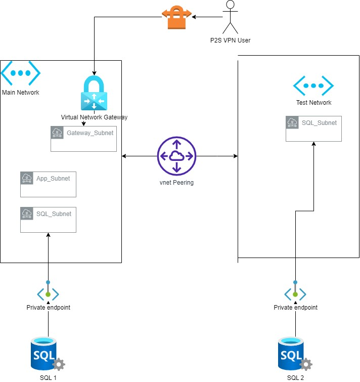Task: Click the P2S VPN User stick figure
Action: coord(231,17)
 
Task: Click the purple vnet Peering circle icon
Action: coord(176,157)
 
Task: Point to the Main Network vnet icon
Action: coord(20,73)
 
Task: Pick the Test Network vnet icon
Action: coord(313,87)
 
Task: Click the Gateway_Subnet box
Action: coord(83,139)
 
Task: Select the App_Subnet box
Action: coord(48,184)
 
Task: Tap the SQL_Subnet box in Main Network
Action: coord(48,220)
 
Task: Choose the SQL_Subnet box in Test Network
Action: coord(313,129)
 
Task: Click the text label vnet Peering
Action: coord(176,183)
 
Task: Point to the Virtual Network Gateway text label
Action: coord(94,117)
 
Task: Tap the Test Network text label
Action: coord(313,103)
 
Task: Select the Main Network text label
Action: coord(21,93)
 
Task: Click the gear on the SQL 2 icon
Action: coord(306,364)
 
